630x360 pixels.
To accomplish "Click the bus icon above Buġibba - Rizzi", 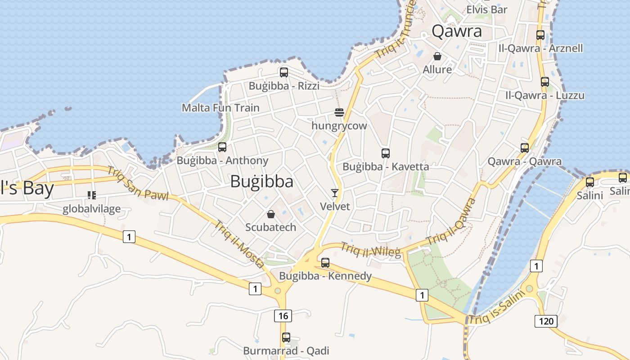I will point(283,72).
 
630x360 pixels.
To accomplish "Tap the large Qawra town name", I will point(457,31).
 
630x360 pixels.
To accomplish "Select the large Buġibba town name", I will point(262,181).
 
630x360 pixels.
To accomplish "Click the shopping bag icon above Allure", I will point(437,56).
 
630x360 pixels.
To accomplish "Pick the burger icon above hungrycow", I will point(339,112).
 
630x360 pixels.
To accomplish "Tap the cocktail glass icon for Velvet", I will point(335,193).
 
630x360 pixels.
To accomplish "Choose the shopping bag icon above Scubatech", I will point(271,214).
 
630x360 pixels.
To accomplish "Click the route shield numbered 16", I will point(283,315).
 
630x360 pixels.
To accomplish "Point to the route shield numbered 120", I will point(546,321).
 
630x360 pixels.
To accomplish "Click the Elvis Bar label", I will point(487,9).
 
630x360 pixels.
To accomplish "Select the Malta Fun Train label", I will point(220,108).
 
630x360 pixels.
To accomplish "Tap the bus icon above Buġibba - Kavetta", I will point(386,153).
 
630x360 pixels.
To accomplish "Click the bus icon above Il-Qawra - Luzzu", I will point(545,82).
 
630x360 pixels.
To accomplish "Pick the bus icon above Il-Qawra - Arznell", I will point(540,35).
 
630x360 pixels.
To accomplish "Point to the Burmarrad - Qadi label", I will point(286,351).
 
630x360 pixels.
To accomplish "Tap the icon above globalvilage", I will point(92,195).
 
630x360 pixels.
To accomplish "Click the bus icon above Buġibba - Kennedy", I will point(325,262).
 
